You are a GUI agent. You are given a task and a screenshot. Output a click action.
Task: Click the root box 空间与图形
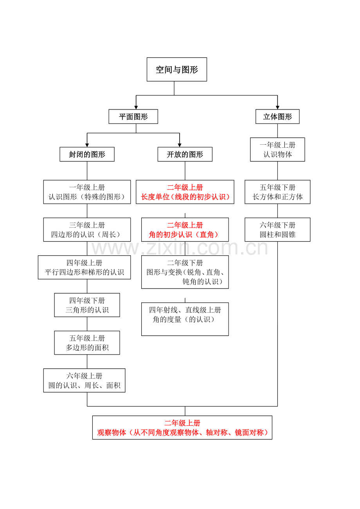pyautogui.click(x=176, y=70)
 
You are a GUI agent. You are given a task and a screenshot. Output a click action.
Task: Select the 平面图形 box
pyautogui.click(x=133, y=116)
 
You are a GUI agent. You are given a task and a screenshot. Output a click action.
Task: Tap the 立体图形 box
pyautogui.click(x=277, y=116)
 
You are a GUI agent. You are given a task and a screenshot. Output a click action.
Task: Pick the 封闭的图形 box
pyautogui.click(x=87, y=154)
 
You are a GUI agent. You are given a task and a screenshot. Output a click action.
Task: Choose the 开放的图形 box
pyautogui.click(x=185, y=154)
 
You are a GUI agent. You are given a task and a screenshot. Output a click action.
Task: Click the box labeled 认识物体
pyautogui.click(x=277, y=149)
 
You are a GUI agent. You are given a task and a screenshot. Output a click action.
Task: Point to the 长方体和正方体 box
pyautogui.click(x=277, y=192)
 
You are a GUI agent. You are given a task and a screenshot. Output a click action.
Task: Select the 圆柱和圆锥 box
pyautogui.click(x=277, y=229)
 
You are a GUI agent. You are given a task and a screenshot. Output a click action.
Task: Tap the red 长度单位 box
pyautogui.click(x=185, y=192)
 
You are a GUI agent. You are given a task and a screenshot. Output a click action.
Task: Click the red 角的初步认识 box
pyautogui.click(x=185, y=229)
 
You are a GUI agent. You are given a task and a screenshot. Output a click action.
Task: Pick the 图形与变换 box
pyautogui.click(x=185, y=272)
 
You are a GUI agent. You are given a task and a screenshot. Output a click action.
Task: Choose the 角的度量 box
pyautogui.click(x=185, y=319)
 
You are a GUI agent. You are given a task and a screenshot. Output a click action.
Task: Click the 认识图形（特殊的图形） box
pyautogui.click(x=87, y=192)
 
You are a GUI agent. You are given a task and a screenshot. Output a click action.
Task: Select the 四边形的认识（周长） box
pyautogui.click(x=87, y=229)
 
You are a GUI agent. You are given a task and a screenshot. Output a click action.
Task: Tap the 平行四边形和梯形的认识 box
pyautogui.click(x=84, y=267)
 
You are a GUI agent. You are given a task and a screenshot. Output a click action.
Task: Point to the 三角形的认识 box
pyautogui.click(x=87, y=305)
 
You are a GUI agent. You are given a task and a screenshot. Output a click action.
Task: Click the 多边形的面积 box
pyautogui.click(x=87, y=343)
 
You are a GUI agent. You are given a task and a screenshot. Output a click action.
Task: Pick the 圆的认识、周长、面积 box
pyautogui.click(x=84, y=380)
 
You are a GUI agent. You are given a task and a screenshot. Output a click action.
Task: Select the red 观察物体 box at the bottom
pyautogui.click(x=182, y=428)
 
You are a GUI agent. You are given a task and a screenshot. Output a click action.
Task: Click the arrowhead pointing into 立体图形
pyautogui.click(x=277, y=107)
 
